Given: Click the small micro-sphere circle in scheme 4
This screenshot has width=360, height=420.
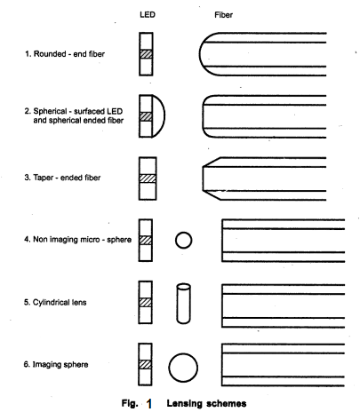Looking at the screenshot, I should tap(184, 240).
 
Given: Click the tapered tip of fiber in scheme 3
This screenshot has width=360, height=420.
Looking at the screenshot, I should tap(211, 178).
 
